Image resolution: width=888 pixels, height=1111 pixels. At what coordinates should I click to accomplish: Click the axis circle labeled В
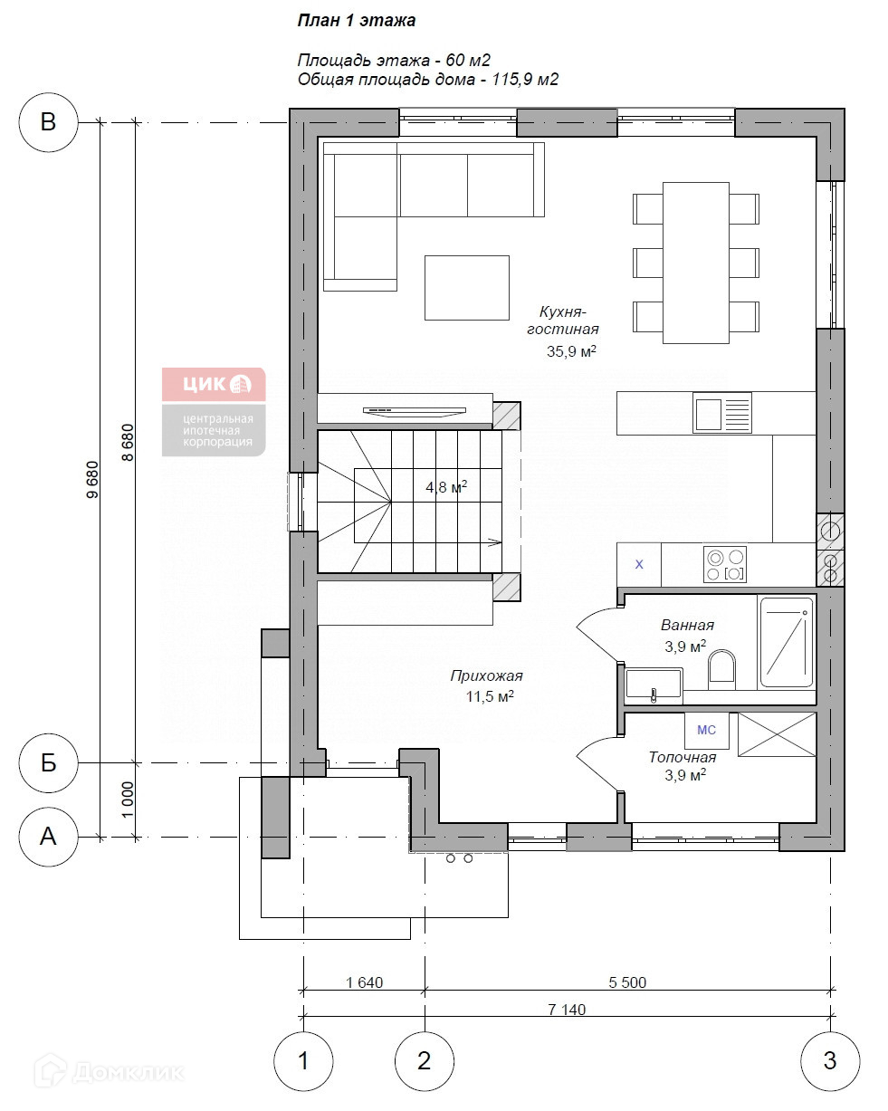pyautogui.click(x=48, y=122)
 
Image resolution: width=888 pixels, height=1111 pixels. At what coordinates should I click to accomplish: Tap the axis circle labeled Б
pyautogui.click(x=48, y=762)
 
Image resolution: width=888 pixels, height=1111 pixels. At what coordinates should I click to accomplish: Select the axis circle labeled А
pyautogui.click(x=48, y=837)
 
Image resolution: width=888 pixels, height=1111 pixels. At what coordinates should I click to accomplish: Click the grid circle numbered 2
pyautogui.click(x=425, y=1061)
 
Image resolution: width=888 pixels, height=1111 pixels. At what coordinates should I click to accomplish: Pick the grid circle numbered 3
pyautogui.click(x=830, y=1061)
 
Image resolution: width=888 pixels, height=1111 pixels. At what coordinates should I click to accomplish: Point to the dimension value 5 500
pyautogui.click(x=627, y=982)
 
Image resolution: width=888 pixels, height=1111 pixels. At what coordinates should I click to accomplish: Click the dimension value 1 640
pyautogui.click(x=365, y=982)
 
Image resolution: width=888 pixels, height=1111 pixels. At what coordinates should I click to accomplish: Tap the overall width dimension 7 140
pyautogui.click(x=567, y=1010)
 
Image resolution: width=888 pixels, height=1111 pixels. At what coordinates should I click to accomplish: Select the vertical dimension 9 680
pyautogui.click(x=92, y=480)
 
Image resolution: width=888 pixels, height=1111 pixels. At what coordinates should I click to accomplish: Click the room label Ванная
pyautogui.click(x=687, y=625)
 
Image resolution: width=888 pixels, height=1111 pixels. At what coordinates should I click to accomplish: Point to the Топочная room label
pyautogui.click(x=683, y=757)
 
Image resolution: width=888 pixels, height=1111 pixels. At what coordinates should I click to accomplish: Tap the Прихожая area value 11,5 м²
pyautogui.click(x=490, y=696)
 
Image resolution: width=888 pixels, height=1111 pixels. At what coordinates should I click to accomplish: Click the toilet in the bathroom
pyautogui.click(x=721, y=670)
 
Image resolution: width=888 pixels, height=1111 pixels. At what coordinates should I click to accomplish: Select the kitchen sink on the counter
pyautogui.click(x=722, y=414)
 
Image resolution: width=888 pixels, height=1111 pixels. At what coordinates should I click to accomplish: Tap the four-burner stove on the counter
pyautogui.click(x=725, y=564)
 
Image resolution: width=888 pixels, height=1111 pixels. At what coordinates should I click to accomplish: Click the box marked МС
pyautogui.click(x=707, y=731)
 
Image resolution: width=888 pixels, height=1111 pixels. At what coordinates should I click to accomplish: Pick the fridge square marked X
pyautogui.click(x=639, y=564)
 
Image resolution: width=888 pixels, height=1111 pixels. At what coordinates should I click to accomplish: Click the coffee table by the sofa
pyautogui.click(x=467, y=288)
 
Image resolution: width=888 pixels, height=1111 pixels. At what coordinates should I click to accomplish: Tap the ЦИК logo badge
pyautogui.click(x=214, y=411)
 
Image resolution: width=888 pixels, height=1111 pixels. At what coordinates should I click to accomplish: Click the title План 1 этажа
pyautogui.click(x=357, y=21)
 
